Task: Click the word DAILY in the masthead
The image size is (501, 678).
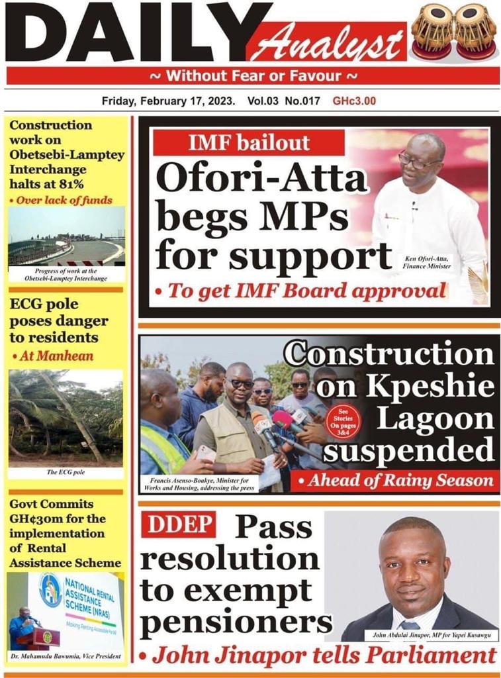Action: click(x=126, y=33)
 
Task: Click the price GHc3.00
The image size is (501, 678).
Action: click(x=354, y=101)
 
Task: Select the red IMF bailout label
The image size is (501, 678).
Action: click(x=240, y=142)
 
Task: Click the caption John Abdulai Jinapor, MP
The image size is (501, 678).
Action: click(x=430, y=636)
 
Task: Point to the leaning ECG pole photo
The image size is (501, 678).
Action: click(x=66, y=416)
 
